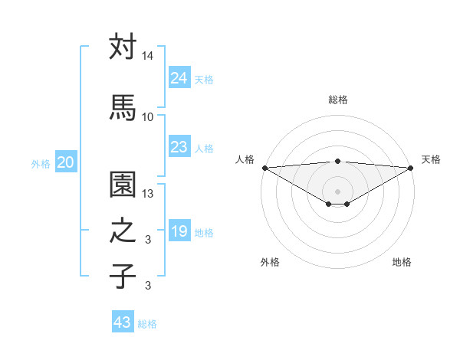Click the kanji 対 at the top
(x=123, y=47)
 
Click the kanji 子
(x=123, y=276)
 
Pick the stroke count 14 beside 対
(x=148, y=56)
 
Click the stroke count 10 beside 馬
(x=148, y=116)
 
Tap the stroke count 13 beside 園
(x=148, y=194)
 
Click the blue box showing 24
(x=179, y=77)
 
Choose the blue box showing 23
(x=179, y=147)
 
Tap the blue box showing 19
(x=179, y=231)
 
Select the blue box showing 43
(x=123, y=322)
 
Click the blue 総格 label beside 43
(x=148, y=324)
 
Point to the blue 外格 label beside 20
(x=41, y=163)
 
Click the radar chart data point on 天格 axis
(x=410, y=168)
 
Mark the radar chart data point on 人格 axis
(x=264, y=168)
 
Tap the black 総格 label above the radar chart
(x=337, y=100)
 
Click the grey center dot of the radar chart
(x=337, y=190)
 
